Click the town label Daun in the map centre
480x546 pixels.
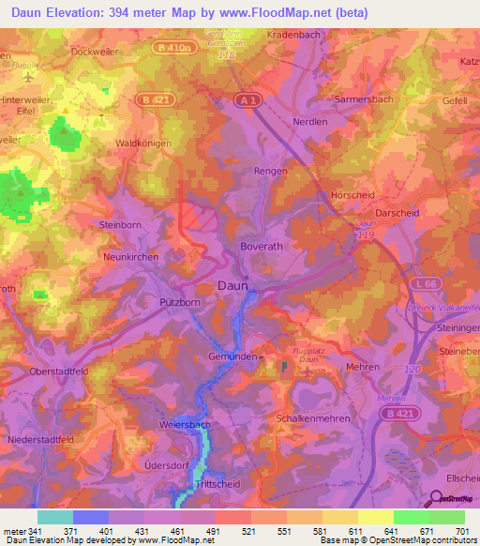[232, 286]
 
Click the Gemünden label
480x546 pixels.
[232, 356]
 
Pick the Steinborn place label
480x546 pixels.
[120, 225]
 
